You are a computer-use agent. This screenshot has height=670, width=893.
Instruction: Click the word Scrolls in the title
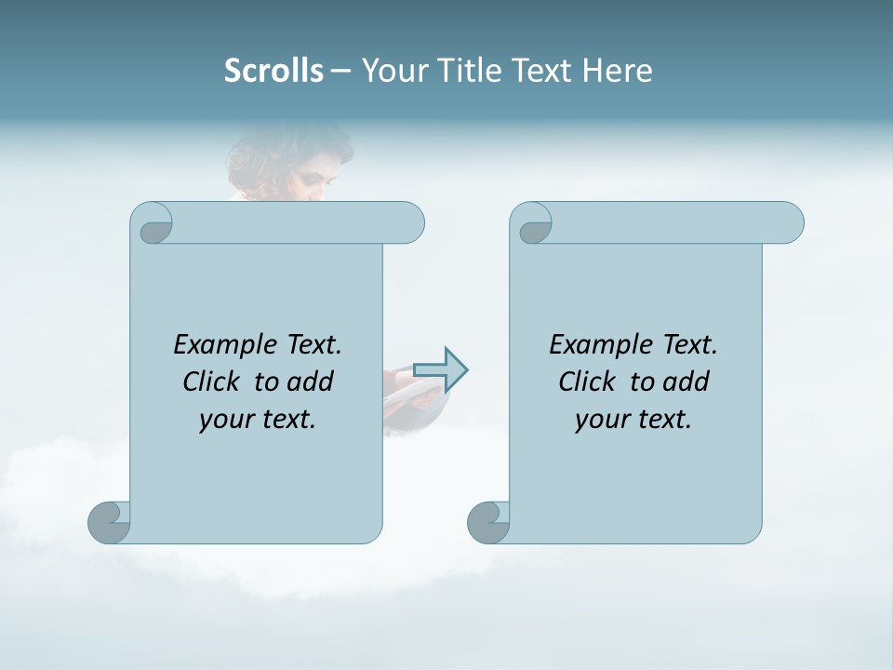[x=273, y=71]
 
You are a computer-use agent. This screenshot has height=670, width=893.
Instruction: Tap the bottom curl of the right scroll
[x=488, y=522]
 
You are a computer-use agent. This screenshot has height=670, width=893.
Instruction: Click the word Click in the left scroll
[x=211, y=382]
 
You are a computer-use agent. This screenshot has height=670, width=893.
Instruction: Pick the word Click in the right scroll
[x=587, y=382]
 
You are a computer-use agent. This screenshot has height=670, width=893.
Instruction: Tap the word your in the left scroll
[x=224, y=420]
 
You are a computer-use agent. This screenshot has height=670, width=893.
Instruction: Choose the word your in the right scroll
[x=600, y=420]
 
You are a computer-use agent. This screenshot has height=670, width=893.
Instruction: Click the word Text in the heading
[x=542, y=71]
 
